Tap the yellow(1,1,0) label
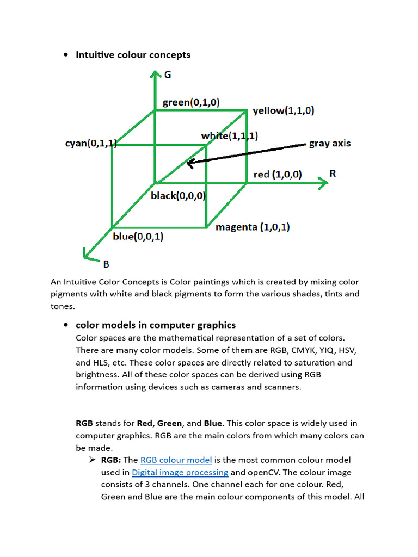click(283, 111)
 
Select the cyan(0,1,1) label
click(90, 144)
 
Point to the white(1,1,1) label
click(229, 135)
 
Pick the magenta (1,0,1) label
click(253, 227)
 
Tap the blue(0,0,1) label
click(138, 237)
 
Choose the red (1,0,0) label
click(278, 174)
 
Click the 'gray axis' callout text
click(330, 144)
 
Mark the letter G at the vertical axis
click(168, 75)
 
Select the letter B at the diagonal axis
click(106, 264)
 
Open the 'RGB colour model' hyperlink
click(176, 460)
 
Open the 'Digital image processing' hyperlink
click(180, 472)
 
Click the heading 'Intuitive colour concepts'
click(133, 54)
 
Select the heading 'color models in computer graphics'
click(156, 325)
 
